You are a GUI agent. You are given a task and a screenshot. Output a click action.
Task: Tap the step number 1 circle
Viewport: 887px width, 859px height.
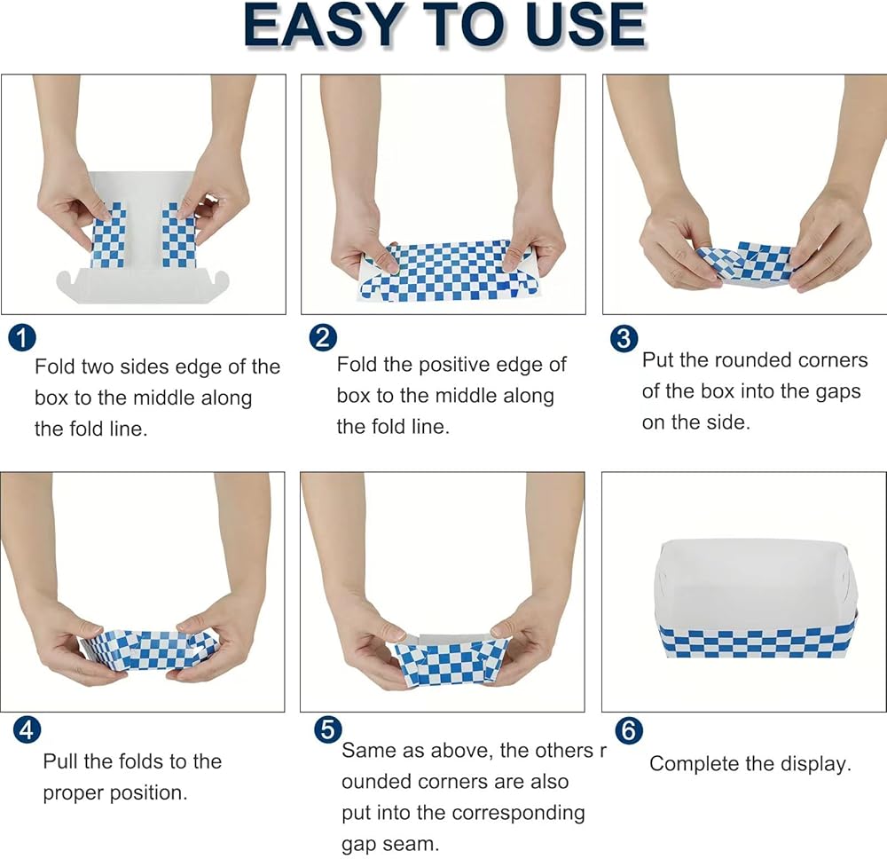pyautogui.click(x=22, y=338)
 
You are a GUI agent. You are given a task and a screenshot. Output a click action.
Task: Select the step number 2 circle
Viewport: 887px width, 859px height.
pyautogui.click(x=323, y=338)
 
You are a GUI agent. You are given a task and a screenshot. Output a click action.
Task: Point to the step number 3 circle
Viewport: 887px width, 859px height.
pyautogui.click(x=624, y=338)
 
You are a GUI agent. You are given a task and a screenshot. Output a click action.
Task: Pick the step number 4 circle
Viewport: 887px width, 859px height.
pyautogui.click(x=27, y=730)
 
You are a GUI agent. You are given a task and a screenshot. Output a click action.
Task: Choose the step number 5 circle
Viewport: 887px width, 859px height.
pyautogui.click(x=327, y=730)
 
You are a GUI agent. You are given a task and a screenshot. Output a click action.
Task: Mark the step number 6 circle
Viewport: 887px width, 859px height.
pyautogui.click(x=629, y=730)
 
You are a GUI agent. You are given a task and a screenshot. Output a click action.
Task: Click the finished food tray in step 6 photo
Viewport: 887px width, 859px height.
pyautogui.click(x=757, y=599)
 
